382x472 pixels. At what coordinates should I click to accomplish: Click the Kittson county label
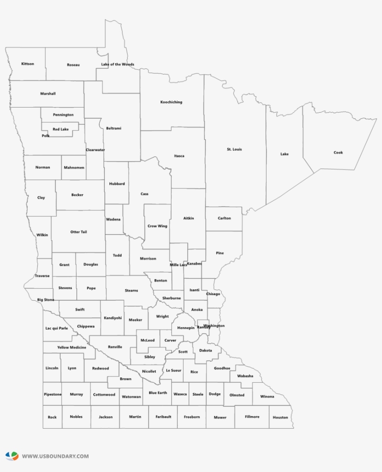[27, 64]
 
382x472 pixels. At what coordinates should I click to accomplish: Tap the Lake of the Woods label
[117, 64]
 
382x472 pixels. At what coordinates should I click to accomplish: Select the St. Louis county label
[234, 149]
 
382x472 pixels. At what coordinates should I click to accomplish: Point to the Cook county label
[338, 153]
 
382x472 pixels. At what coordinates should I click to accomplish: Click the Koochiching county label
[171, 102]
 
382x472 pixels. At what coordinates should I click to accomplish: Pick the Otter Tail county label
[78, 232]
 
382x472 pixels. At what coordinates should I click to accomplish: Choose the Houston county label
[280, 417]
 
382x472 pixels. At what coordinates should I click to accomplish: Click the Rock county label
[52, 417]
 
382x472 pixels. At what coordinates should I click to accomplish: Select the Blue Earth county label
[158, 393]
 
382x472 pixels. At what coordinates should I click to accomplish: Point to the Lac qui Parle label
[56, 328]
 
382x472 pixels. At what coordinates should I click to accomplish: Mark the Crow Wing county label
[157, 226]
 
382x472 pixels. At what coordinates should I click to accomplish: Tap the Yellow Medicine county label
[72, 347]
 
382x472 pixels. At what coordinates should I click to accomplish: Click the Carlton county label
[224, 218]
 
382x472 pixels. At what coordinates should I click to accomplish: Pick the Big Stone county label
[46, 300]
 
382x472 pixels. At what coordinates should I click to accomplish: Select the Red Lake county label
[61, 129]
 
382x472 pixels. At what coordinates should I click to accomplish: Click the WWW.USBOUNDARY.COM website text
[55, 456]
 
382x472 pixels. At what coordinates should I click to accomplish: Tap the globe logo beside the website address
[12, 456]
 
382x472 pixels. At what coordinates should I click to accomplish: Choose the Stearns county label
[131, 290]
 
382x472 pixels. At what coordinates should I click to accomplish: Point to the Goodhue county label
[222, 368]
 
